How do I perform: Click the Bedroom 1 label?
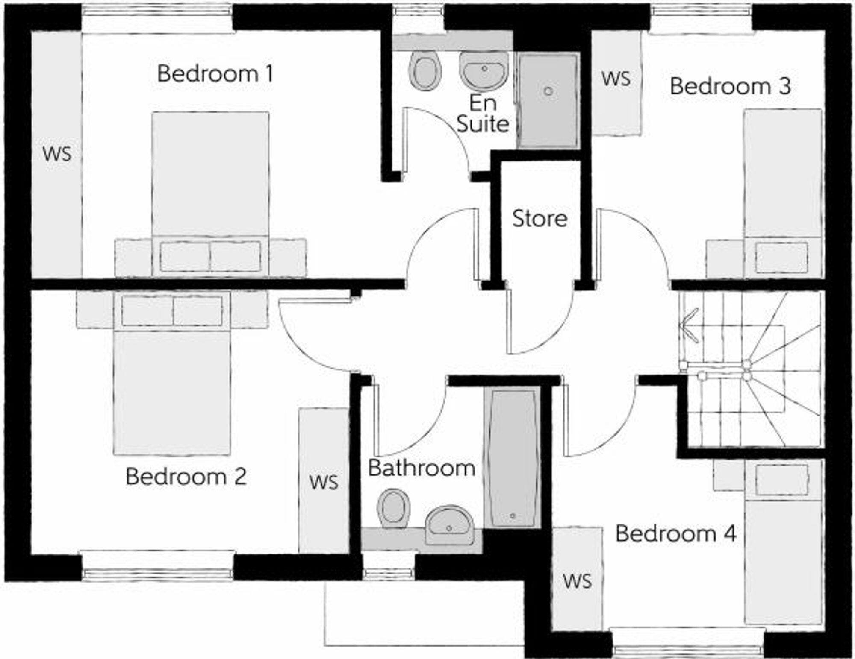[x=215, y=74]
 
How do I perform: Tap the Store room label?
[x=540, y=219]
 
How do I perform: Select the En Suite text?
[x=483, y=114]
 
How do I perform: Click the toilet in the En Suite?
[x=425, y=70]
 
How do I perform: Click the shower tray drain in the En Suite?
[x=548, y=91]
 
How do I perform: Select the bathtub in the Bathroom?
[x=512, y=457]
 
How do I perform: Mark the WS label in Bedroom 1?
[x=57, y=154]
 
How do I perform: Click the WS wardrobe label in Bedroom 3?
[x=616, y=79]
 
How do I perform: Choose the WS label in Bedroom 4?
[x=577, y=581]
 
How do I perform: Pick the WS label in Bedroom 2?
[x=324, y=482]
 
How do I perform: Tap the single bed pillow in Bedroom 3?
[x=781, y=258]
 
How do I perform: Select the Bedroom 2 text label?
[x=186, y=477]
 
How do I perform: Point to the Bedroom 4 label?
[x=675, y=533]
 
